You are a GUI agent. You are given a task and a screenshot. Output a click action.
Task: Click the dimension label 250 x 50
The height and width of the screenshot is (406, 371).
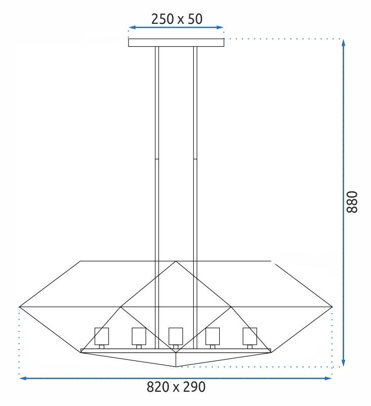tap(177, 19)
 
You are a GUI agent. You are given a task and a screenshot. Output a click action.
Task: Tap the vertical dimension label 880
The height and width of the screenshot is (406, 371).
tap(352, 202)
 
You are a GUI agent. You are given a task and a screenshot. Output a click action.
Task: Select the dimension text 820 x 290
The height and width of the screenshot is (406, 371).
tap(176, 387)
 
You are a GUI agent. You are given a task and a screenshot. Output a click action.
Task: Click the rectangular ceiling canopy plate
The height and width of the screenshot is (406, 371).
tap(176, 43)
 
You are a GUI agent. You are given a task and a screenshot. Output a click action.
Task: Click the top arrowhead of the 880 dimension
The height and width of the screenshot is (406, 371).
tap(344, 42)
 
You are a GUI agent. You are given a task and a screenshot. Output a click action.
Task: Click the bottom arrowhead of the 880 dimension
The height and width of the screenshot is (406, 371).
tap(344, 363)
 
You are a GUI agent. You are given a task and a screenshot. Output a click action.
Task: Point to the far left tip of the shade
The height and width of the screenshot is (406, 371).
tap(20, 307)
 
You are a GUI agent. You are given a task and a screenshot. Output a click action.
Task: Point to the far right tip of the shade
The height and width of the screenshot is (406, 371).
tap(332, 307)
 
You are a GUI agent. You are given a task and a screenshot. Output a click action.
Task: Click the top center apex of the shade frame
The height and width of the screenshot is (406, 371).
tap(176, 262)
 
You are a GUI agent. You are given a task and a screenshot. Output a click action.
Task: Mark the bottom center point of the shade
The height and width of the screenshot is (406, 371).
tap(176, 366)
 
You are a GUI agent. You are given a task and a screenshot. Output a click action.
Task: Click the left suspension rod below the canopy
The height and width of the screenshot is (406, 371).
tap(157, 152)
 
